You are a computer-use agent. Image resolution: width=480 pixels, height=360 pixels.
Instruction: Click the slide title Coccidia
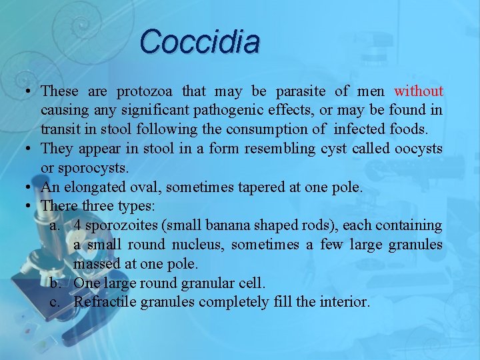[x=200, y=41]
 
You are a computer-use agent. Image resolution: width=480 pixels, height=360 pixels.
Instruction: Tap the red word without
[x=419, y=91]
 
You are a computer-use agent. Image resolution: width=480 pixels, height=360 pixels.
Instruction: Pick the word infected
[x=321, y=129]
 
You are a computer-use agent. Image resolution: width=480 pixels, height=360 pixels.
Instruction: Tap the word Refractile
[x=104, y=302]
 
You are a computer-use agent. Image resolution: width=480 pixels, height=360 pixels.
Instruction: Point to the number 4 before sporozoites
[x=78, y=225]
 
